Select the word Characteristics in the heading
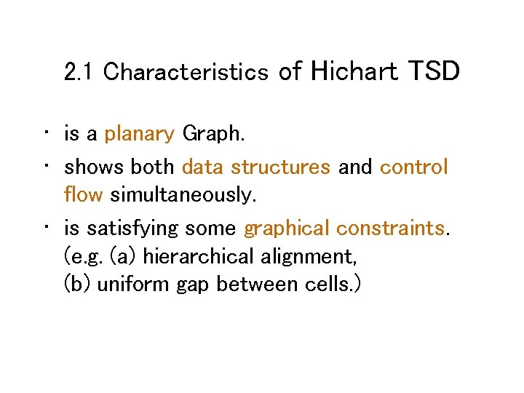pyautogui.click(x=186, y=72)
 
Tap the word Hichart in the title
pyautogui.click(x=354, y=71)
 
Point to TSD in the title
pyautogui.click(x=434, y=71)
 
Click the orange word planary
pyautogui.click(x=139, y=135)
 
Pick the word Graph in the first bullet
pyautogui.click(x=213, y=134)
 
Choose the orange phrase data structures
pyautogui.click(x=255, y=167)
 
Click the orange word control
pyautogui.click(x=413, y=167)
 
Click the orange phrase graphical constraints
pyautogui.click(x=344, y=229)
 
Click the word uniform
pyautogui.click(x=134, y=285)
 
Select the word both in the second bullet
pyautogui.click(x=152, y=167)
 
